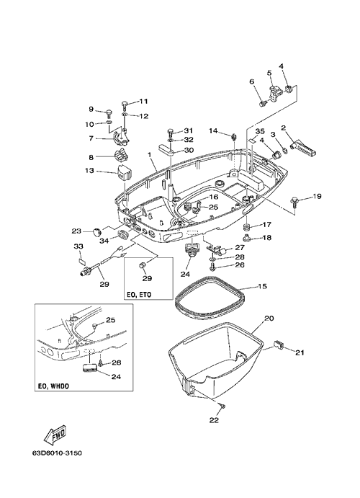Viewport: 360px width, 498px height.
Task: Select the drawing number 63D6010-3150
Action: pos(57,453)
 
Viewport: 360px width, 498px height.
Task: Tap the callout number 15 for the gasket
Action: pos(262,286)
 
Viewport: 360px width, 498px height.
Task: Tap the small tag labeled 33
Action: pos(81,261)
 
